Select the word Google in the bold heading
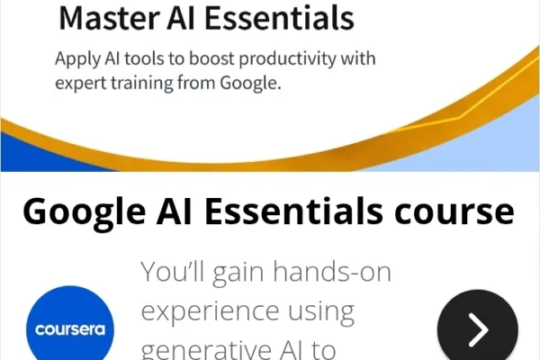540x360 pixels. tap(85, 212)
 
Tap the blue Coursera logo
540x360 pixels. tap(64, 328)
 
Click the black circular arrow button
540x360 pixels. tap(477, 329)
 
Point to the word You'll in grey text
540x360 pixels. tap(175, 272)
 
